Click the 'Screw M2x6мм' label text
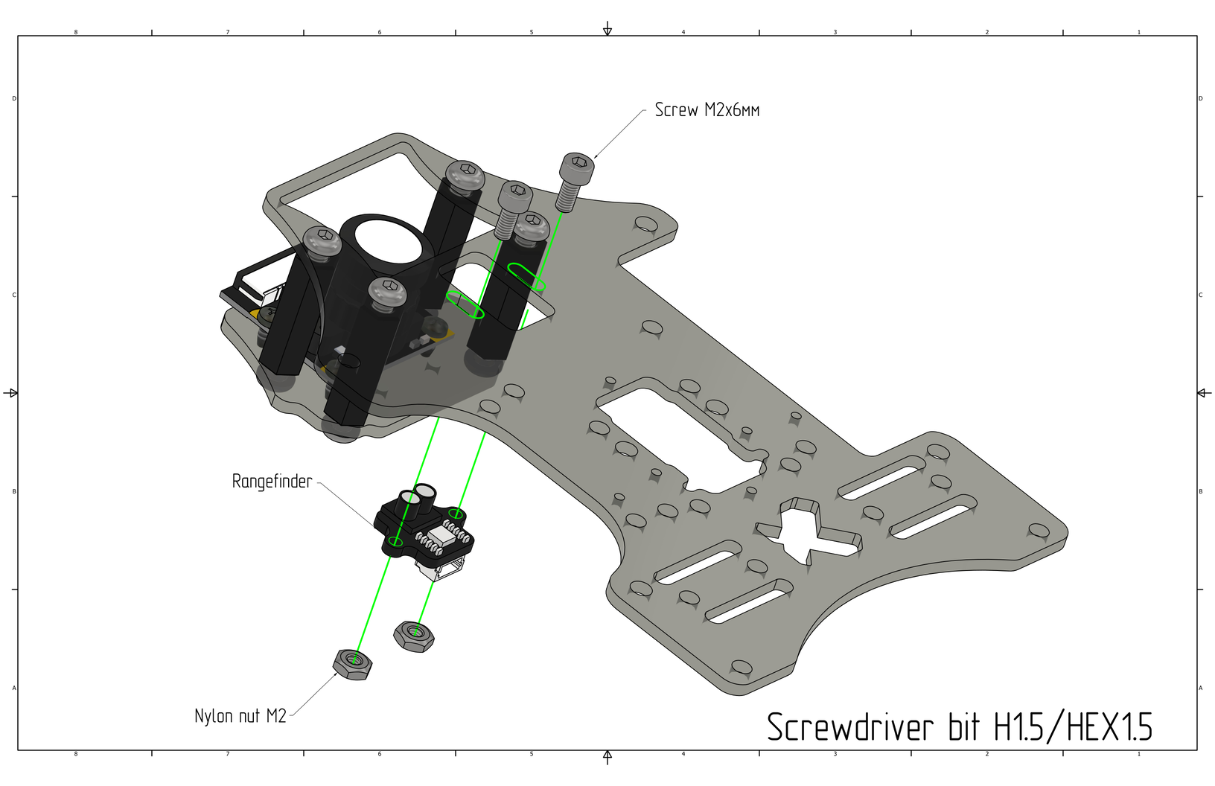pos(707,110)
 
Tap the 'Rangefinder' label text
pos(272,482)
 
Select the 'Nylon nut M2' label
pos(240,716)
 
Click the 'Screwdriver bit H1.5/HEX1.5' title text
pos(959,727)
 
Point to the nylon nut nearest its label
pos(351,662)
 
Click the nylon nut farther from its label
pos(414,636)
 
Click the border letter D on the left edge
pos(14,98)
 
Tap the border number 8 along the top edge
pos(76,32)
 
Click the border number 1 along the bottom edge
pos(1138,754)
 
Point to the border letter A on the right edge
pos(1200,688)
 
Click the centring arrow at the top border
pos(607,29)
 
